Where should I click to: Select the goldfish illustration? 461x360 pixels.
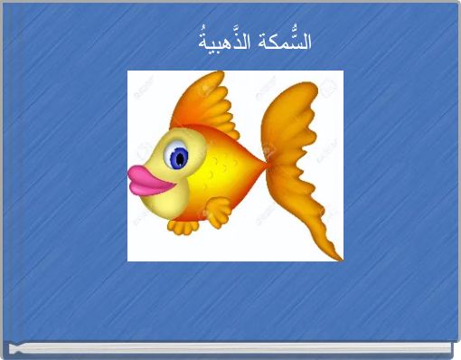(x=235, y=166)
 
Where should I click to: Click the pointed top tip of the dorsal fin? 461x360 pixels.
(x=218, y=76)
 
